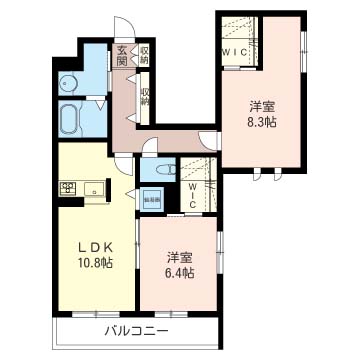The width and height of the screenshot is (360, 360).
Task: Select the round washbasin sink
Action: tap(67, 84)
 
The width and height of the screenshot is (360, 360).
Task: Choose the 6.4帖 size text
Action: tap(181, 269)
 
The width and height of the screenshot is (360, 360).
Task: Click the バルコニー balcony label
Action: tap(136, 331)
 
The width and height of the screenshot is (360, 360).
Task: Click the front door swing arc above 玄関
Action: tap(121, 27)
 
